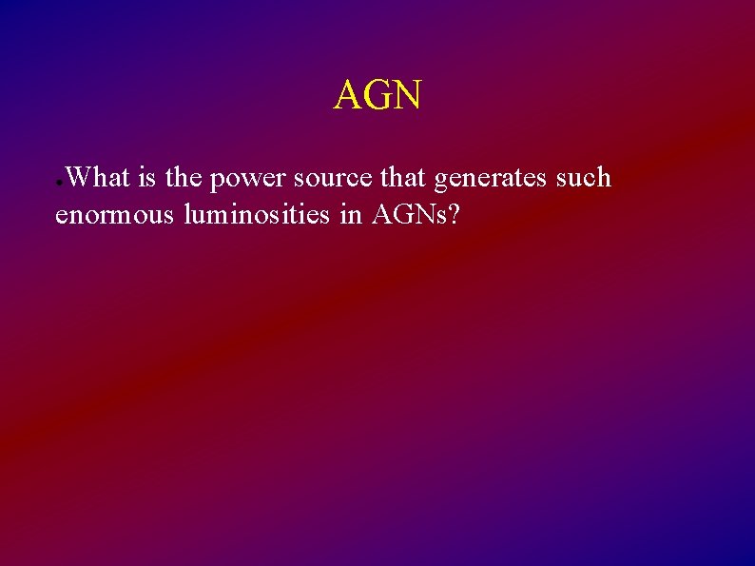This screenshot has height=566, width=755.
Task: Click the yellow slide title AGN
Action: tap(377, 95)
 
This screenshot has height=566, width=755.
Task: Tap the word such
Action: tap(583, 178)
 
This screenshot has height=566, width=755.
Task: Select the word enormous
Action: tap(115, 217)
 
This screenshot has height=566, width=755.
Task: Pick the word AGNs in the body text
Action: tap(407, 215)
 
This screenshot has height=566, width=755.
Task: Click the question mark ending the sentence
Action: tap(455, 215)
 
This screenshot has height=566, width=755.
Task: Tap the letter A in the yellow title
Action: tap(347, 95)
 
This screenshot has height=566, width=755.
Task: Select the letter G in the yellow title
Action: tap(377, 95)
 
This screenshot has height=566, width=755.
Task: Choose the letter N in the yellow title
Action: tap(406, 95)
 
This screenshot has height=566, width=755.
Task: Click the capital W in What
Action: tap(80, 178)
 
